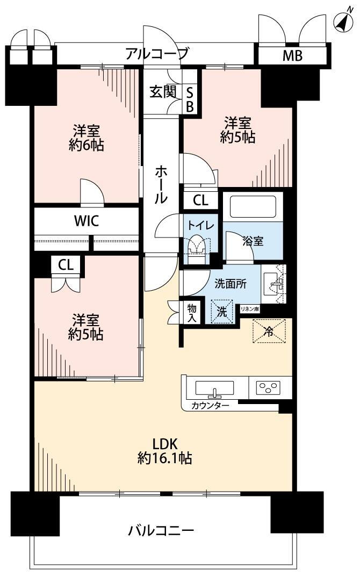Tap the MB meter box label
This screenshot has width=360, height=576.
292,55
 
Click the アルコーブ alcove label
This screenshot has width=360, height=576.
157,54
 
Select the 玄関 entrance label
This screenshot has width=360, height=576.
163,92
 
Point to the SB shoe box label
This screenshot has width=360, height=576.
190,99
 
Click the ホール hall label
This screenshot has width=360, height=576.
161,185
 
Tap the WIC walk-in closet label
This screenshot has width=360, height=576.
87,221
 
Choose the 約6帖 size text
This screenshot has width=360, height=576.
87,146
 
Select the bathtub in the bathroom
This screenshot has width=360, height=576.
253,206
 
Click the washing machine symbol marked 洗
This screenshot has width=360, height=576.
221,312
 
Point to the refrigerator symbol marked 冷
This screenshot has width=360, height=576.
269,332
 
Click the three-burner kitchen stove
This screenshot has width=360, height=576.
269,387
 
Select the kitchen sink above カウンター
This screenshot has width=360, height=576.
214,388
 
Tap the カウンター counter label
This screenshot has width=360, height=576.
210,406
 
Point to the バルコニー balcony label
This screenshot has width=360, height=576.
161,530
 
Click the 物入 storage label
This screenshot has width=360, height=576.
192,313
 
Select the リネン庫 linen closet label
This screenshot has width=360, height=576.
250,309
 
